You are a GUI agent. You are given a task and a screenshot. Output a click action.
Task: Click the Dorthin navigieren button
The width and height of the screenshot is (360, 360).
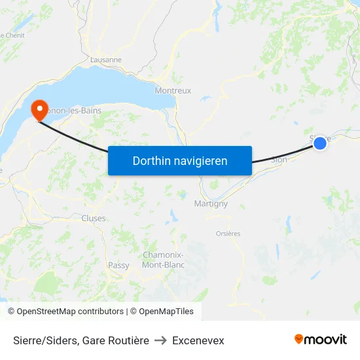coord(179,160)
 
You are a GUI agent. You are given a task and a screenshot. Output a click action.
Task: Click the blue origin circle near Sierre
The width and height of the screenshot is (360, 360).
coord(319,142)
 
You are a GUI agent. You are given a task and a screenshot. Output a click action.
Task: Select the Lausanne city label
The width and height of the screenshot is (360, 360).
coord(107,60)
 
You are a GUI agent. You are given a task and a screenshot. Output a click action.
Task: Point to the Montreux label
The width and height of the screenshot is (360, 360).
coord(173,91)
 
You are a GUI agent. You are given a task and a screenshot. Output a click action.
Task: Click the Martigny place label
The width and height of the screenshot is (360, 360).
coord(211,204)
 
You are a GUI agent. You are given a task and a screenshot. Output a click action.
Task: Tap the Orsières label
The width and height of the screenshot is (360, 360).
coord(228,234)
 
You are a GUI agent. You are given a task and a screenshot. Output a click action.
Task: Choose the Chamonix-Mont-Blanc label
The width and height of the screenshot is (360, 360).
coord(163,260)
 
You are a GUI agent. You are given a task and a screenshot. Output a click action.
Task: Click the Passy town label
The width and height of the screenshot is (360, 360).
coord(118,265)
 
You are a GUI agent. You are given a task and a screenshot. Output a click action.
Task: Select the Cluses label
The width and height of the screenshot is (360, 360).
coord(94,218)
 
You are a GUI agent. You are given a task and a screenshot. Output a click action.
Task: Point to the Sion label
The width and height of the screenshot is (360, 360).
coord(279,159)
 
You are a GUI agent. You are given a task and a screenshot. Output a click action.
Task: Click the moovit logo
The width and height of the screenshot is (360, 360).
coord(320,339)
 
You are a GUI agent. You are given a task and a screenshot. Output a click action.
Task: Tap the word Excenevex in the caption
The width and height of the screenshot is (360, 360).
coord(198,340)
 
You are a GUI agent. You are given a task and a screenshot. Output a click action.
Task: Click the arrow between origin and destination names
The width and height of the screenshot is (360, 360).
coord(160,340)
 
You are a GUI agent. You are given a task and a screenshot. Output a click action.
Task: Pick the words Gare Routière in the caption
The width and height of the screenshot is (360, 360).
coord(116,340)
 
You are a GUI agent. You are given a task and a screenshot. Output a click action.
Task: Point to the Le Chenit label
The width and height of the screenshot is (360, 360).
coord(12,35)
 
